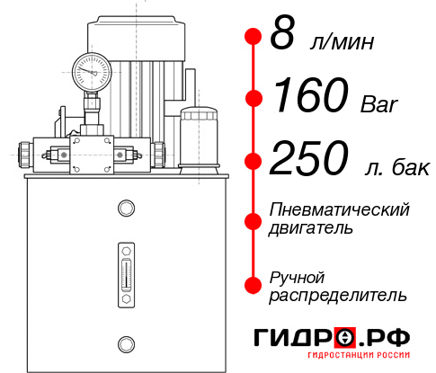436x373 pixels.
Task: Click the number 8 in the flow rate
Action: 282,36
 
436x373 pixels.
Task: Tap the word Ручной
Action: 298,276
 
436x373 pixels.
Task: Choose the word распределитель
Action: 338,294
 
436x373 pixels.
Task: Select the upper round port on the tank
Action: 125,209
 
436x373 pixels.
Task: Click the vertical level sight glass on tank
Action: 125,269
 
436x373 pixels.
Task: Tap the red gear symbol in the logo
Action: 344,337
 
